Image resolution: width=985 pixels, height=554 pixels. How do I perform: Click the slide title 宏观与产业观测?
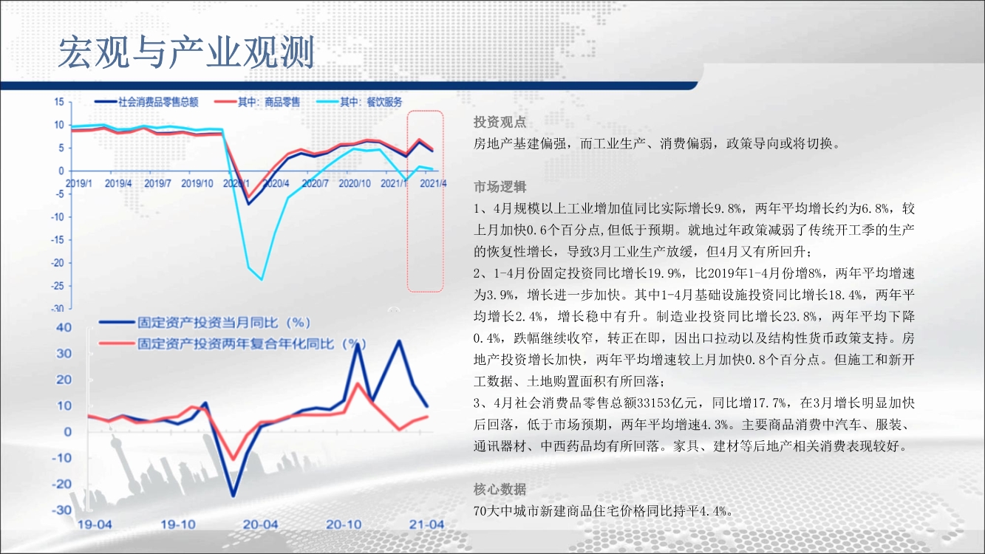(186, 52)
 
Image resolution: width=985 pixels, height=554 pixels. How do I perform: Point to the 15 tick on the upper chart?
(59, 102)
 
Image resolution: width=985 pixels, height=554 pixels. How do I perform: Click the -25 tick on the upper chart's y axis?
(57, 286)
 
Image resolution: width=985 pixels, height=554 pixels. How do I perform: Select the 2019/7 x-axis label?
(157, 183)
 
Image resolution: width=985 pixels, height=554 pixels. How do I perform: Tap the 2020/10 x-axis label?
(355, 183)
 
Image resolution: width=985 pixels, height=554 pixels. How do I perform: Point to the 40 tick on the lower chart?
(64, 327)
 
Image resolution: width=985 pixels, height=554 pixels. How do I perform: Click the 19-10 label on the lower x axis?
(178, 524)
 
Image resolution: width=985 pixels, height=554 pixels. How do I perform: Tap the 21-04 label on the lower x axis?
(426, 524)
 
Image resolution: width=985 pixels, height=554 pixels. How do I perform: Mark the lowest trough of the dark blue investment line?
(233, 496)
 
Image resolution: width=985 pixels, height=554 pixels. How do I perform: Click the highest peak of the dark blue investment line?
(399, 341)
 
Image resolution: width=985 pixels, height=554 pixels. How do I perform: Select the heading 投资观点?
(500, 122)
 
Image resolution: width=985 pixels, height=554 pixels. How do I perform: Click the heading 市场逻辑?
(500, 187)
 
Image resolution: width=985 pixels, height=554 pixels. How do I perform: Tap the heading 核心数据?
(500, 489)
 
